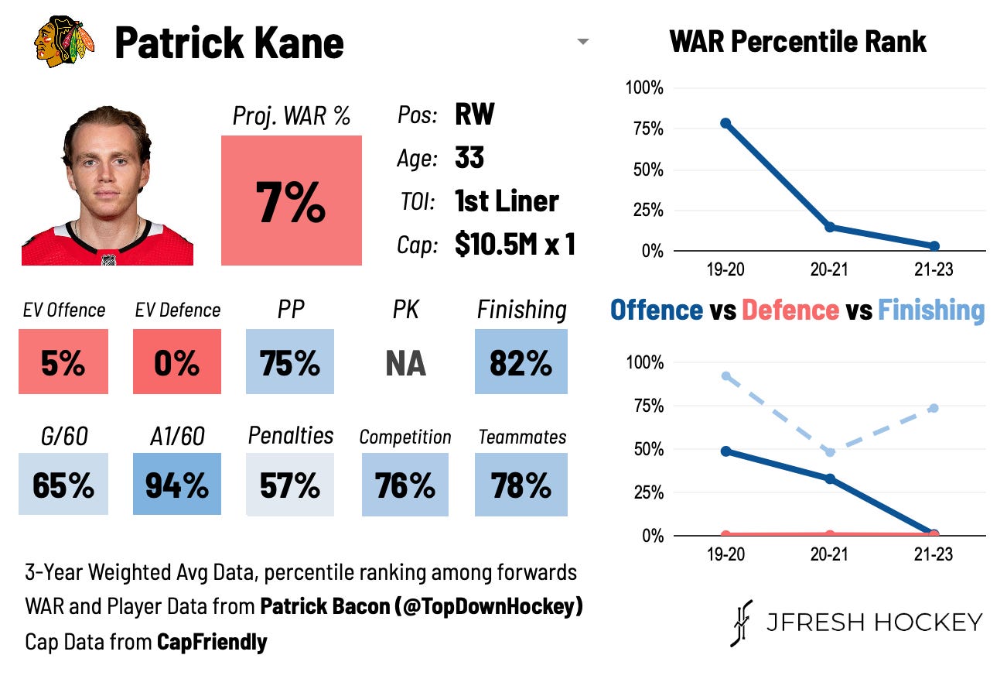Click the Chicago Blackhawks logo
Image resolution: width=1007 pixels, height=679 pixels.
(x=64, y=42)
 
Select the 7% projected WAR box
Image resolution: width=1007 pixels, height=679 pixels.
(x=291, y=201)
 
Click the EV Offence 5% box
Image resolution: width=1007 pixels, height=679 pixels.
(x=63, y=362)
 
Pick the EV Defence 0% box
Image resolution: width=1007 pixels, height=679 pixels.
(x=176, y=362)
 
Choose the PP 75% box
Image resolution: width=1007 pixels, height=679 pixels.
(x=290, y=362)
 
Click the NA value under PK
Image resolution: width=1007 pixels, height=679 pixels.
(x=405, y=362)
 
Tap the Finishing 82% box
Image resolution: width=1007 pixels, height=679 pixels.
(x=521, y=362)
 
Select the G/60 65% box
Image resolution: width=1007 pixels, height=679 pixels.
(x=63, y=485)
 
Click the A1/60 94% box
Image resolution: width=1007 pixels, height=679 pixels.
(x=176, y=485)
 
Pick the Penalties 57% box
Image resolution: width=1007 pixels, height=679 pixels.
(x=290, y=485)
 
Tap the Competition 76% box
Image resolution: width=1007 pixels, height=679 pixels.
(x=405, y=485)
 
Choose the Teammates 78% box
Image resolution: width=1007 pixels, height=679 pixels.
(x=521, y=485)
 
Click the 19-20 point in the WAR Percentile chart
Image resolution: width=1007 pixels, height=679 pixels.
(x=725, y=123)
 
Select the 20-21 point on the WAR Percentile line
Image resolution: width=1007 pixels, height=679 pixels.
(x=830, y=227)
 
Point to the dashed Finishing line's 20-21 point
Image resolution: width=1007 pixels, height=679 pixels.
(x=830, y=452)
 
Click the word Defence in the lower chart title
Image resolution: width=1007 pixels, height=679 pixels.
(x=790, y=310)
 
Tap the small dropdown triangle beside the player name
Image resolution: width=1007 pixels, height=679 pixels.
(x=583, y=42)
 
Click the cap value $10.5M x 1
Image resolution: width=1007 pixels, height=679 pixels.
(x=514, y=245)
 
